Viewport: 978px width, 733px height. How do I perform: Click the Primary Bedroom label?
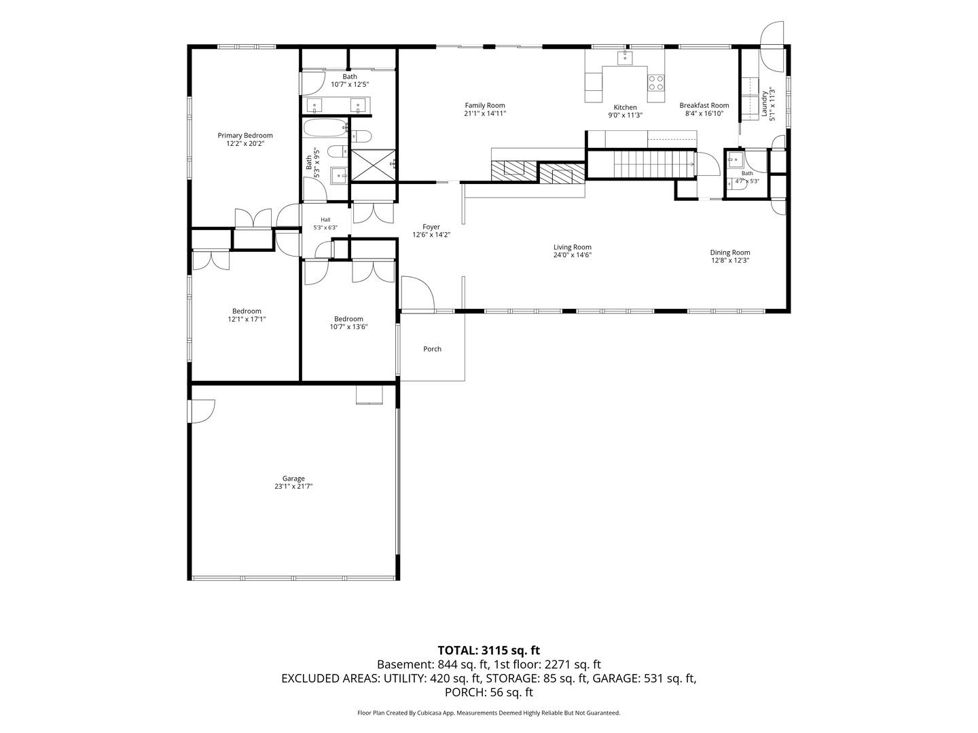coord(245,135)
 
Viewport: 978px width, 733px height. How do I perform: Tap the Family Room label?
coord(485,105)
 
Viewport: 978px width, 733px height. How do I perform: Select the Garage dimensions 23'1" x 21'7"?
coord(293,487)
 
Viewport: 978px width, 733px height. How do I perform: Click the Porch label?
coord(432,349)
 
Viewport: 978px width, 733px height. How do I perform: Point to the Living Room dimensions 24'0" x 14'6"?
coord(572,255)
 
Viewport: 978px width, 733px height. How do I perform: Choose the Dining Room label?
coord(730,252)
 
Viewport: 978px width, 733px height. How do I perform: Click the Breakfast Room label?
coord(704,105)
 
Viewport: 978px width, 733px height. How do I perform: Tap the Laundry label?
coord(764,104)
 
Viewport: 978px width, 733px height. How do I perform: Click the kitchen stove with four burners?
coord(656,83)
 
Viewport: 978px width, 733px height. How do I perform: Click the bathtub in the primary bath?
coord(326,128)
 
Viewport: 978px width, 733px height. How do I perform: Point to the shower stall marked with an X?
coord(374,165)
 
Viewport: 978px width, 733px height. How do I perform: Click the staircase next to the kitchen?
coord(654,164)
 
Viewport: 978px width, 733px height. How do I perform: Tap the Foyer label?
coord(431,227)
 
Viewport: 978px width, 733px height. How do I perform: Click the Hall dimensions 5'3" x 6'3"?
coord(325,227)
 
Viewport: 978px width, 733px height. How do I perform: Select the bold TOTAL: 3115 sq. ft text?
coord(489,651)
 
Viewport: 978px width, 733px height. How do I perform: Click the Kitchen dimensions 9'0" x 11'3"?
coord(625,115)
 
